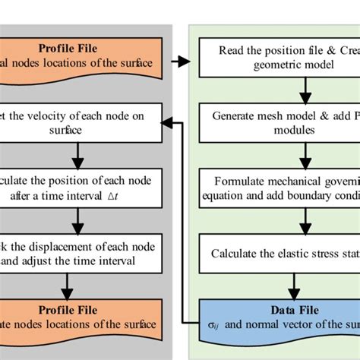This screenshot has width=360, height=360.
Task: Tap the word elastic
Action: tap(285, 252)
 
